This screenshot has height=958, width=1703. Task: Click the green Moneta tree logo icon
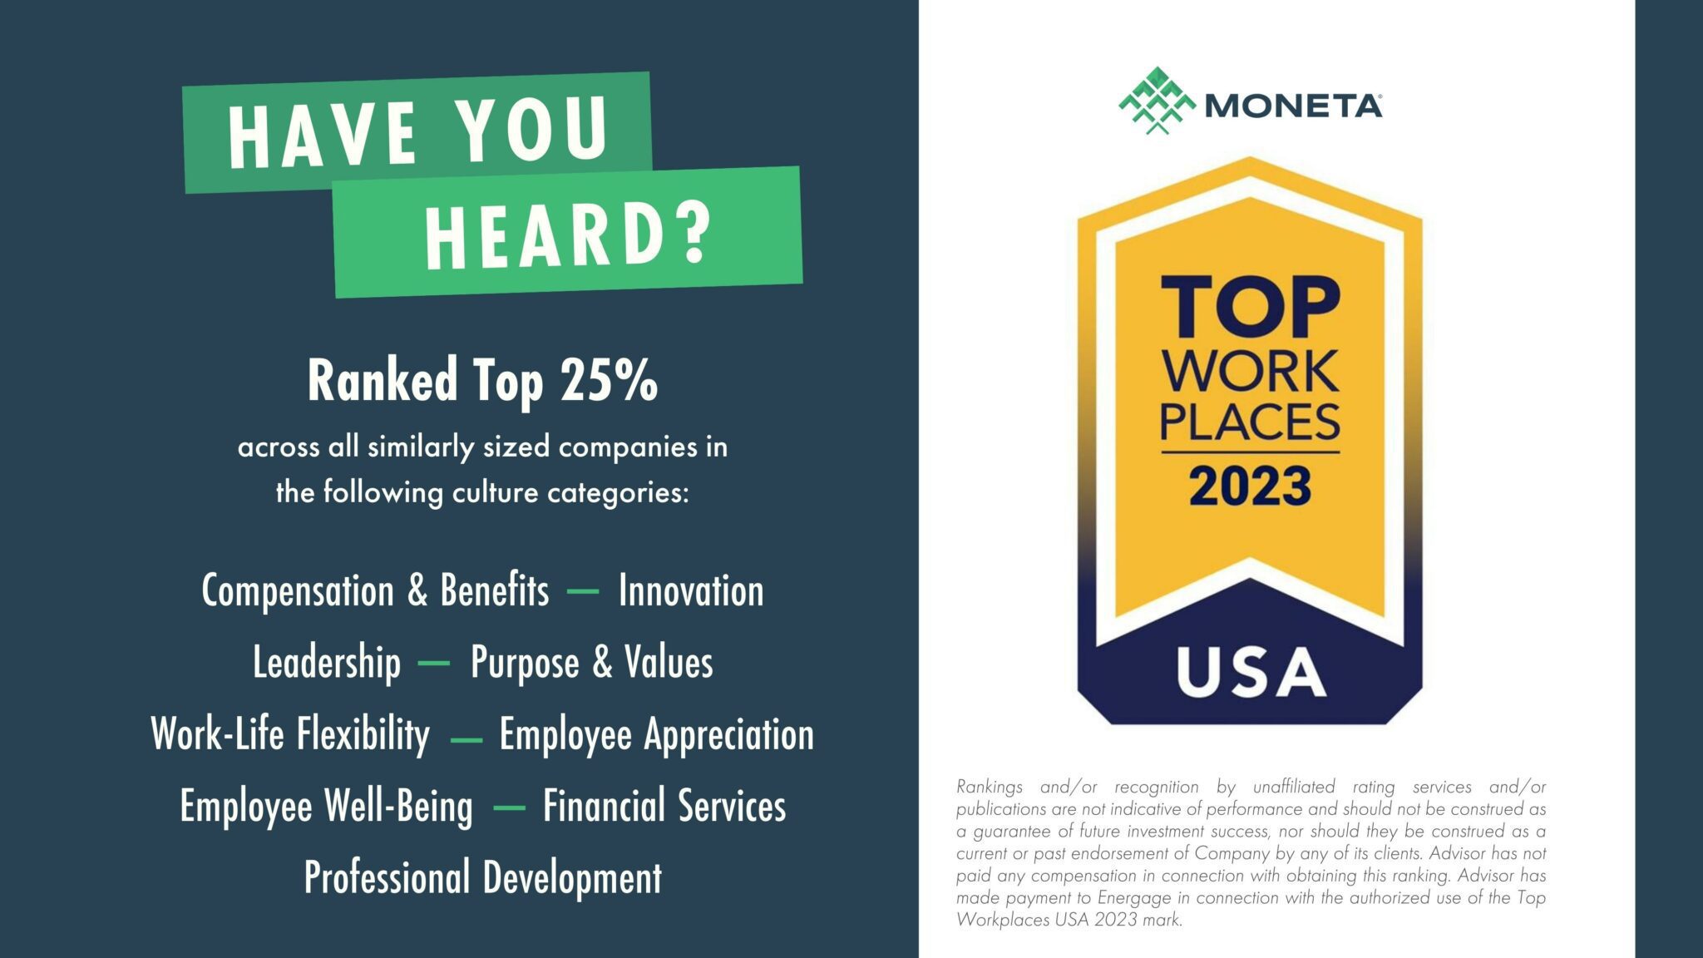[1157, 101]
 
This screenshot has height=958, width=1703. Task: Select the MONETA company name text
[1292, 106]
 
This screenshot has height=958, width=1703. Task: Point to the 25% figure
[610, 382]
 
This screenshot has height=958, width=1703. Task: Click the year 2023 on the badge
[1250, 486]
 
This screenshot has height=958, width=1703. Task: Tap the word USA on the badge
[1251, 672]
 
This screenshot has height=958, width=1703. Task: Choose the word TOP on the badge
[1250, 309]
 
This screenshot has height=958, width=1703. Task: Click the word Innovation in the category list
[690, 591]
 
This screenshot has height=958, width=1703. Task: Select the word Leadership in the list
[327, 663]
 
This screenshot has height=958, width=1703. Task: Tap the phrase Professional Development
[482, 878]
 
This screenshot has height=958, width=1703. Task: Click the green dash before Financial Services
[509, 807]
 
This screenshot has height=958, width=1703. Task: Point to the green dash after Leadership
[433, 664]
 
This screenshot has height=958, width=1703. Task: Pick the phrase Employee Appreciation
[656, 735]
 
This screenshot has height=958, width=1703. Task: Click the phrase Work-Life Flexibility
[290, 735]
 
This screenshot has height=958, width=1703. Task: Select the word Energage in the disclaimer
[1134, 898]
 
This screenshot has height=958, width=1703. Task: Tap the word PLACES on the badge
[1250, 422]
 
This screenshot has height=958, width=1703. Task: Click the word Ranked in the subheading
[383, 382]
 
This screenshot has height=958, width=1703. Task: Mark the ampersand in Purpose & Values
[602, 663]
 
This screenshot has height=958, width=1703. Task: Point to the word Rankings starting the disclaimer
[990, 787]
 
